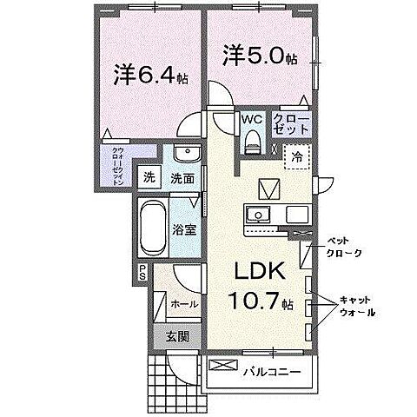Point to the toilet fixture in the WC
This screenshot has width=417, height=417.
coord(253,140)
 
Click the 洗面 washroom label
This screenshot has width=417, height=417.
coord(181,179)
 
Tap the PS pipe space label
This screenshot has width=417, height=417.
coord(142,272)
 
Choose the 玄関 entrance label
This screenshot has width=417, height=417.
coord(179,335)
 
